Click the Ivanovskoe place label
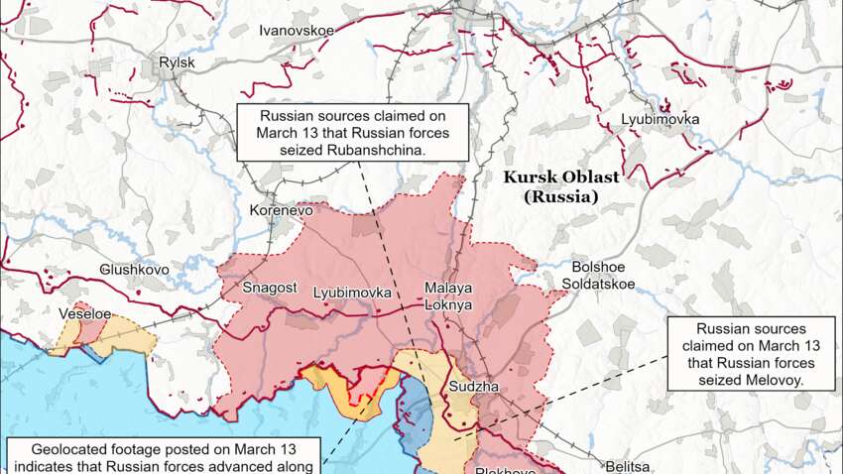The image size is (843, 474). point(297,31)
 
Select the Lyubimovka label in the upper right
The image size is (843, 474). point(660,120)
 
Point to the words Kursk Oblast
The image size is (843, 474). point(561,178)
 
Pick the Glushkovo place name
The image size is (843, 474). point(134,270)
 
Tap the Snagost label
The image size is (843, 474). point(270,288)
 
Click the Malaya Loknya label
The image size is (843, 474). point(448,296)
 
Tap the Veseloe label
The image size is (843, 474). point(85,313)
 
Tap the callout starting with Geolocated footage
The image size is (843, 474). point(164,456)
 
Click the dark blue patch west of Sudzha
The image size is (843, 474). point(417,416)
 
